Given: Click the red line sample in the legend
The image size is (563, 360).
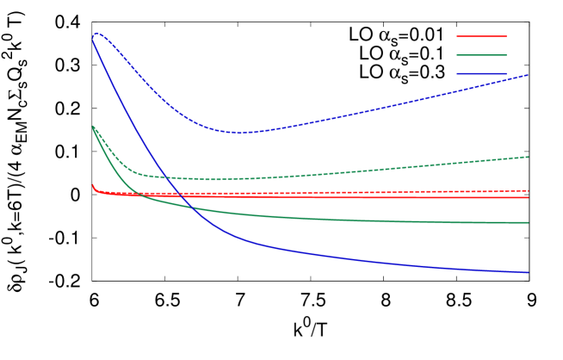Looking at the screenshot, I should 481,36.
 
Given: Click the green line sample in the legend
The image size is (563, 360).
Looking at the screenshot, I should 481,55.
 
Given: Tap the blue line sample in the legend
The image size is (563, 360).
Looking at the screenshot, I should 481,74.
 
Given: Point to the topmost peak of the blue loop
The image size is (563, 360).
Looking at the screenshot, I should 96,34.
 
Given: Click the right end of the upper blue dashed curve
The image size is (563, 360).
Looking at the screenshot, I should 528,75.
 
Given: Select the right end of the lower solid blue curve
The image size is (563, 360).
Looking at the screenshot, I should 528,272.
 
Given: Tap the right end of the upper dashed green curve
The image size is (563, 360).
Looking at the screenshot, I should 528,157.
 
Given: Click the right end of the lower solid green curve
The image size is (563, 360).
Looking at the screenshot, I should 528,223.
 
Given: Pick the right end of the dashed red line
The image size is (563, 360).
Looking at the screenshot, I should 528,190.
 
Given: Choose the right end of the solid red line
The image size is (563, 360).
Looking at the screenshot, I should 528,197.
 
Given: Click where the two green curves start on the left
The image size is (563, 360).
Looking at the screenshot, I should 93,127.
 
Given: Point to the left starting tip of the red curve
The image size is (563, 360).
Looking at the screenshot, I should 93,184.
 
